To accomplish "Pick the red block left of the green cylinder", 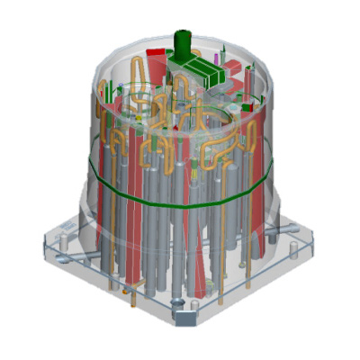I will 156,56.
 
